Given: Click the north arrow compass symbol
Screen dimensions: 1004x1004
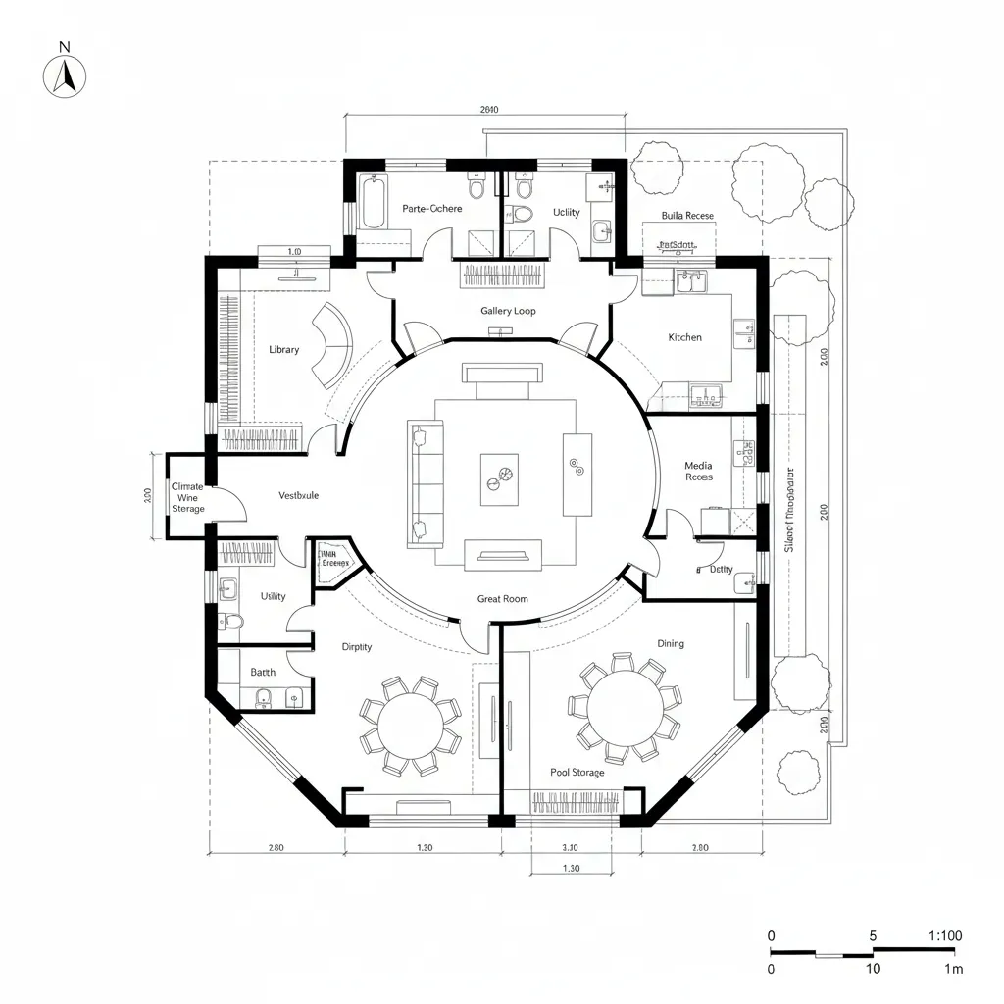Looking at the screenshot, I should pyautogui.click(x=65, y=75).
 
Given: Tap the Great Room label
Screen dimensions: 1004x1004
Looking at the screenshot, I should pyautogui.click(x=502, y=599).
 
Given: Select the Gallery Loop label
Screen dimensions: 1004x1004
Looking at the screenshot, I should pyautogui.click(x=508, y=311).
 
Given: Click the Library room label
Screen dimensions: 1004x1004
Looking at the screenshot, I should pyautogui.click(x=283, y=350).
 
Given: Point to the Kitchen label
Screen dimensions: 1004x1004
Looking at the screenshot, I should pyautogui.click(x=684, y=337).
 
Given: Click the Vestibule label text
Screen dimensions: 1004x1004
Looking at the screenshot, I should pyautogui.click(x=298, y=496).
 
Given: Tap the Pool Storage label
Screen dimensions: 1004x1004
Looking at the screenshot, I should pyautogui.click(x=577, y=773).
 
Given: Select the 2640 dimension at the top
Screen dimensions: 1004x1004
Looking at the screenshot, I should pyautogui.click(x=489, y=110).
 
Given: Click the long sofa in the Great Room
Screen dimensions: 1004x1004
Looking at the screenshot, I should pyautogui.click(x=425, y=484).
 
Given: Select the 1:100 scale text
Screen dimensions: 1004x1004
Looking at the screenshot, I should pyautogui.click(x=944, y=935).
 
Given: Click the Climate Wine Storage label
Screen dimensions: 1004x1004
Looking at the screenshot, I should pyautogui.click(x=187, y=497).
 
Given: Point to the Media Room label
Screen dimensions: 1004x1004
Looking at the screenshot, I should pyautogui.click(x=698, y=472).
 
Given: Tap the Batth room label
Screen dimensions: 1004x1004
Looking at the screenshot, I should pyautogui.click(x=263, y=673).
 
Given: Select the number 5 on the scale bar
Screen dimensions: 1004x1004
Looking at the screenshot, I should pyautogui.click(x=873, y=935).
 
